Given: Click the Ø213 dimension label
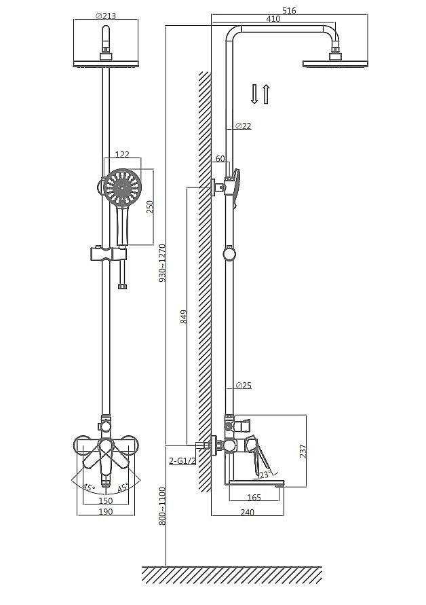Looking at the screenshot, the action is point(105,16).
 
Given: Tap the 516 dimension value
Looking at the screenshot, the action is point(289,10).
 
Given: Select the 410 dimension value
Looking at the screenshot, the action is point(273,18).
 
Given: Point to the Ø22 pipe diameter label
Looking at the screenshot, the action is point(243,126).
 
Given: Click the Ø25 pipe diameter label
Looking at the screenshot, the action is point(244,385).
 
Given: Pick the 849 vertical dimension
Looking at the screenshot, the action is point(184,316).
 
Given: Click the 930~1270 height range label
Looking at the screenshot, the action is point(162,263).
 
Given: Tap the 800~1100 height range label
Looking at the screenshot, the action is point(162,506).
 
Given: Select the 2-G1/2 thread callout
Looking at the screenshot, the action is point(182,460).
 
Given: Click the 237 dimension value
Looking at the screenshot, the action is point(303,451).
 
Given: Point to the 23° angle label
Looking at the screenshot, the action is point(265,475).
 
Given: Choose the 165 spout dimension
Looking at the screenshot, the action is point(254,497).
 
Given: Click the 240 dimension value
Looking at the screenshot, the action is point(247,512).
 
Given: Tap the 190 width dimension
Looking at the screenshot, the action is point(106,511).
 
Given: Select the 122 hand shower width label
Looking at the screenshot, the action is point(122,154).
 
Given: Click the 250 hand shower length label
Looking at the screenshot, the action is point(150,207).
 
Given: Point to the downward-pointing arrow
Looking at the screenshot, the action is point(254,94).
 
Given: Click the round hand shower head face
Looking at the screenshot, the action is point(123,188).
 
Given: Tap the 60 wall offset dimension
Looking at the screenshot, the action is point(220,158).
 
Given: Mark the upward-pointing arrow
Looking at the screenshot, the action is point(266,94).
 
